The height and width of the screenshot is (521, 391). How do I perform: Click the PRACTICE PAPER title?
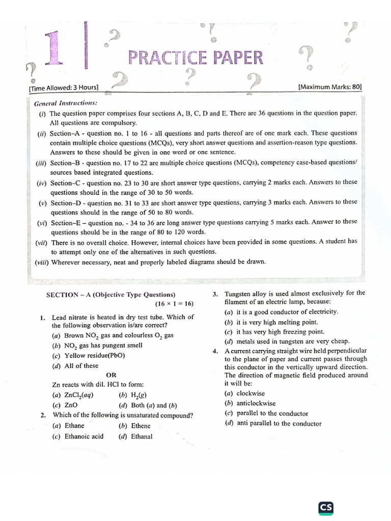[x=196, y=58]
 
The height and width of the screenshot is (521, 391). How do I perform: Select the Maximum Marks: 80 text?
[x=330, y=87]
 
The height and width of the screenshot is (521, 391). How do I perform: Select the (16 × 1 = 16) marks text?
[x=175, y=304]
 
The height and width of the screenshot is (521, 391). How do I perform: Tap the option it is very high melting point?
[x=271, y=322]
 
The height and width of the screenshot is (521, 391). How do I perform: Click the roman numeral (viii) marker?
[x=42, y=262]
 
